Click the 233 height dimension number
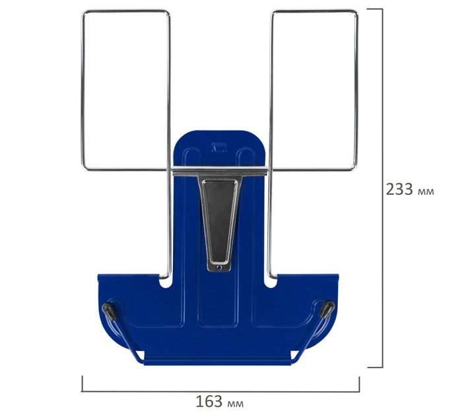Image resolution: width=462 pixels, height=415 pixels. [399, 189]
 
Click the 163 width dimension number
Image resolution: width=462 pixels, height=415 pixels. [209, 401]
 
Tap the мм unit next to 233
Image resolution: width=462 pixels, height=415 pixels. [426, 192]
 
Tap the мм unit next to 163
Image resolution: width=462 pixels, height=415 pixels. [236, 404]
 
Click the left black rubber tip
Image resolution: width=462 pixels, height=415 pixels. [110, 311]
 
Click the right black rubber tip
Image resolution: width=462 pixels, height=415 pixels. [327, 310]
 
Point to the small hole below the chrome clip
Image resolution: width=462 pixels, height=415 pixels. [219, 267]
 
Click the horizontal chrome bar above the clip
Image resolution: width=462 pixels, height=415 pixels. [220, 171]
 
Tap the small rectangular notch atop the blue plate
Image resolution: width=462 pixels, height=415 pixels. [219, 147]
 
